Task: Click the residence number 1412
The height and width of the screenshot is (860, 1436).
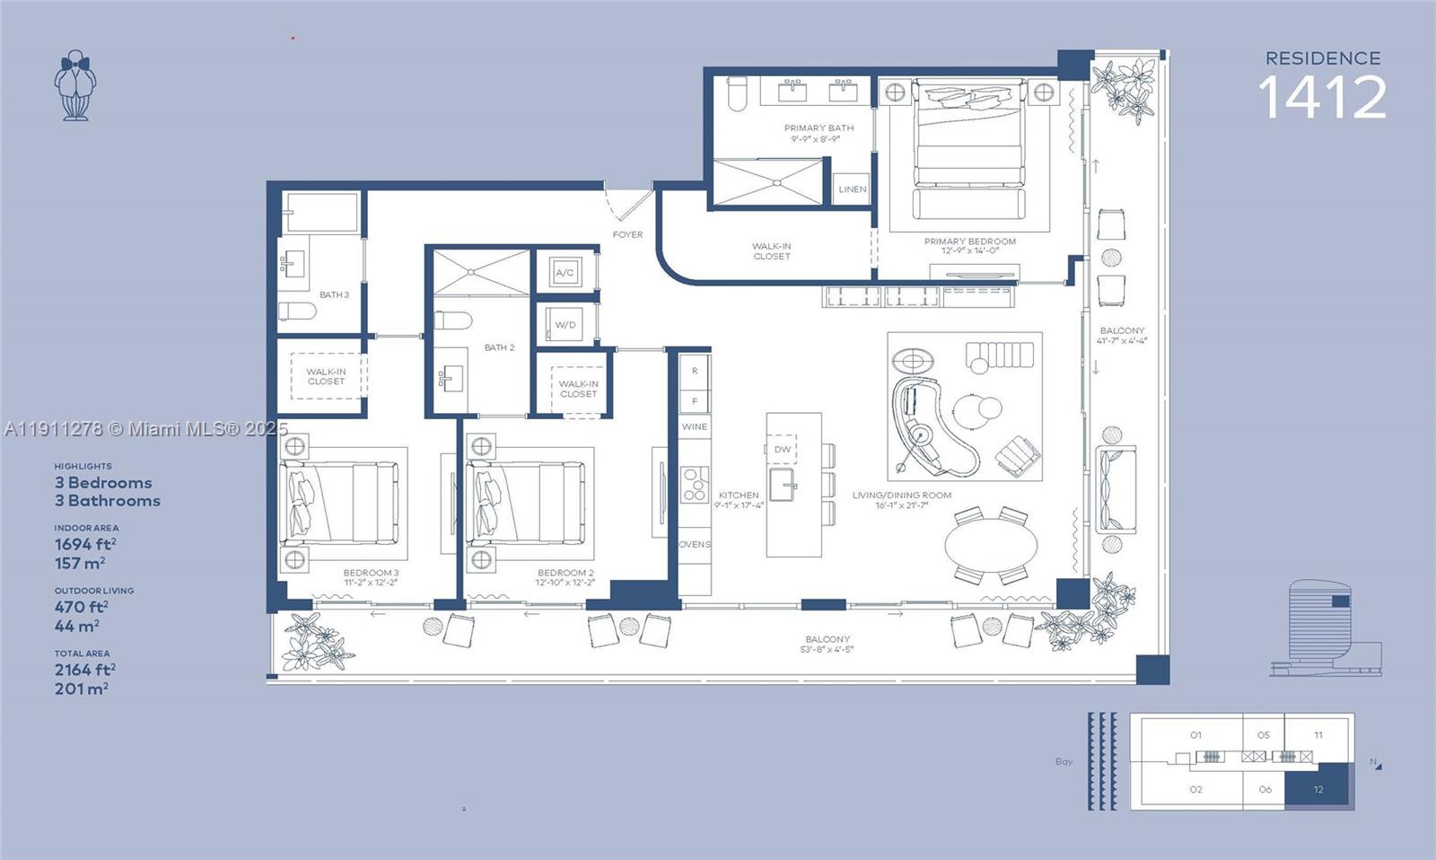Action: [1322, 97]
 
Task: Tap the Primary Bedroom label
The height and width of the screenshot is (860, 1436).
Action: [970, 241]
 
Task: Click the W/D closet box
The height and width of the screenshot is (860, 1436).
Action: [565, 324]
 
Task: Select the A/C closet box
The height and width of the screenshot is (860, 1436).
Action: [565, 272]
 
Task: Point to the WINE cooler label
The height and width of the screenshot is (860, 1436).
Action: [694, 426]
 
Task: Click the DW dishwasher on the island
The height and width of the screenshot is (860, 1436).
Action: [783, 449]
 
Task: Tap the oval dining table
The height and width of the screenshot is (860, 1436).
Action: [991, 544]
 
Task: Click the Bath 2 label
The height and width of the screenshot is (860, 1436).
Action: [499, 347]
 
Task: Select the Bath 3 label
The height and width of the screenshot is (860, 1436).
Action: [334, 294]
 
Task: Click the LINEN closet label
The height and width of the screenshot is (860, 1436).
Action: [852, 189]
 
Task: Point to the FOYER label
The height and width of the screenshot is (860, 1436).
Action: [627, 235]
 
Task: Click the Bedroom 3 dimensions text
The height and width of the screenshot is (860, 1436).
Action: [371, 583]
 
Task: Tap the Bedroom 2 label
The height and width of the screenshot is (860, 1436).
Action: [565, 573]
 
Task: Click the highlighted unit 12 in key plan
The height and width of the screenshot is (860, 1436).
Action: [1318, 789]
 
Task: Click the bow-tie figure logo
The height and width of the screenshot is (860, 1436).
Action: [74, 85]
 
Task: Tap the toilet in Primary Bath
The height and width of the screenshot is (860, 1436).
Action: [737, 92]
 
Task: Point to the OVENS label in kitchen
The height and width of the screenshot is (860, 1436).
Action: [694, 544]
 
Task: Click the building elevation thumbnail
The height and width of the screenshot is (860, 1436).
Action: [1325, 628]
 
